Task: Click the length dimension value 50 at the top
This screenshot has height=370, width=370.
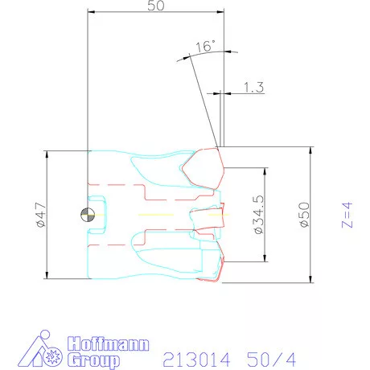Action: pos(156,6)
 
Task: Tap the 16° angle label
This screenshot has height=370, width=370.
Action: pos(205,47)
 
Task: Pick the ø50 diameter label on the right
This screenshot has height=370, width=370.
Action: pos(303,216)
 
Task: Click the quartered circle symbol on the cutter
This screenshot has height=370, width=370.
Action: pos(86,215)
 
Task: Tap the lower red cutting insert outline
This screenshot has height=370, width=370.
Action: pos(213,269)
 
